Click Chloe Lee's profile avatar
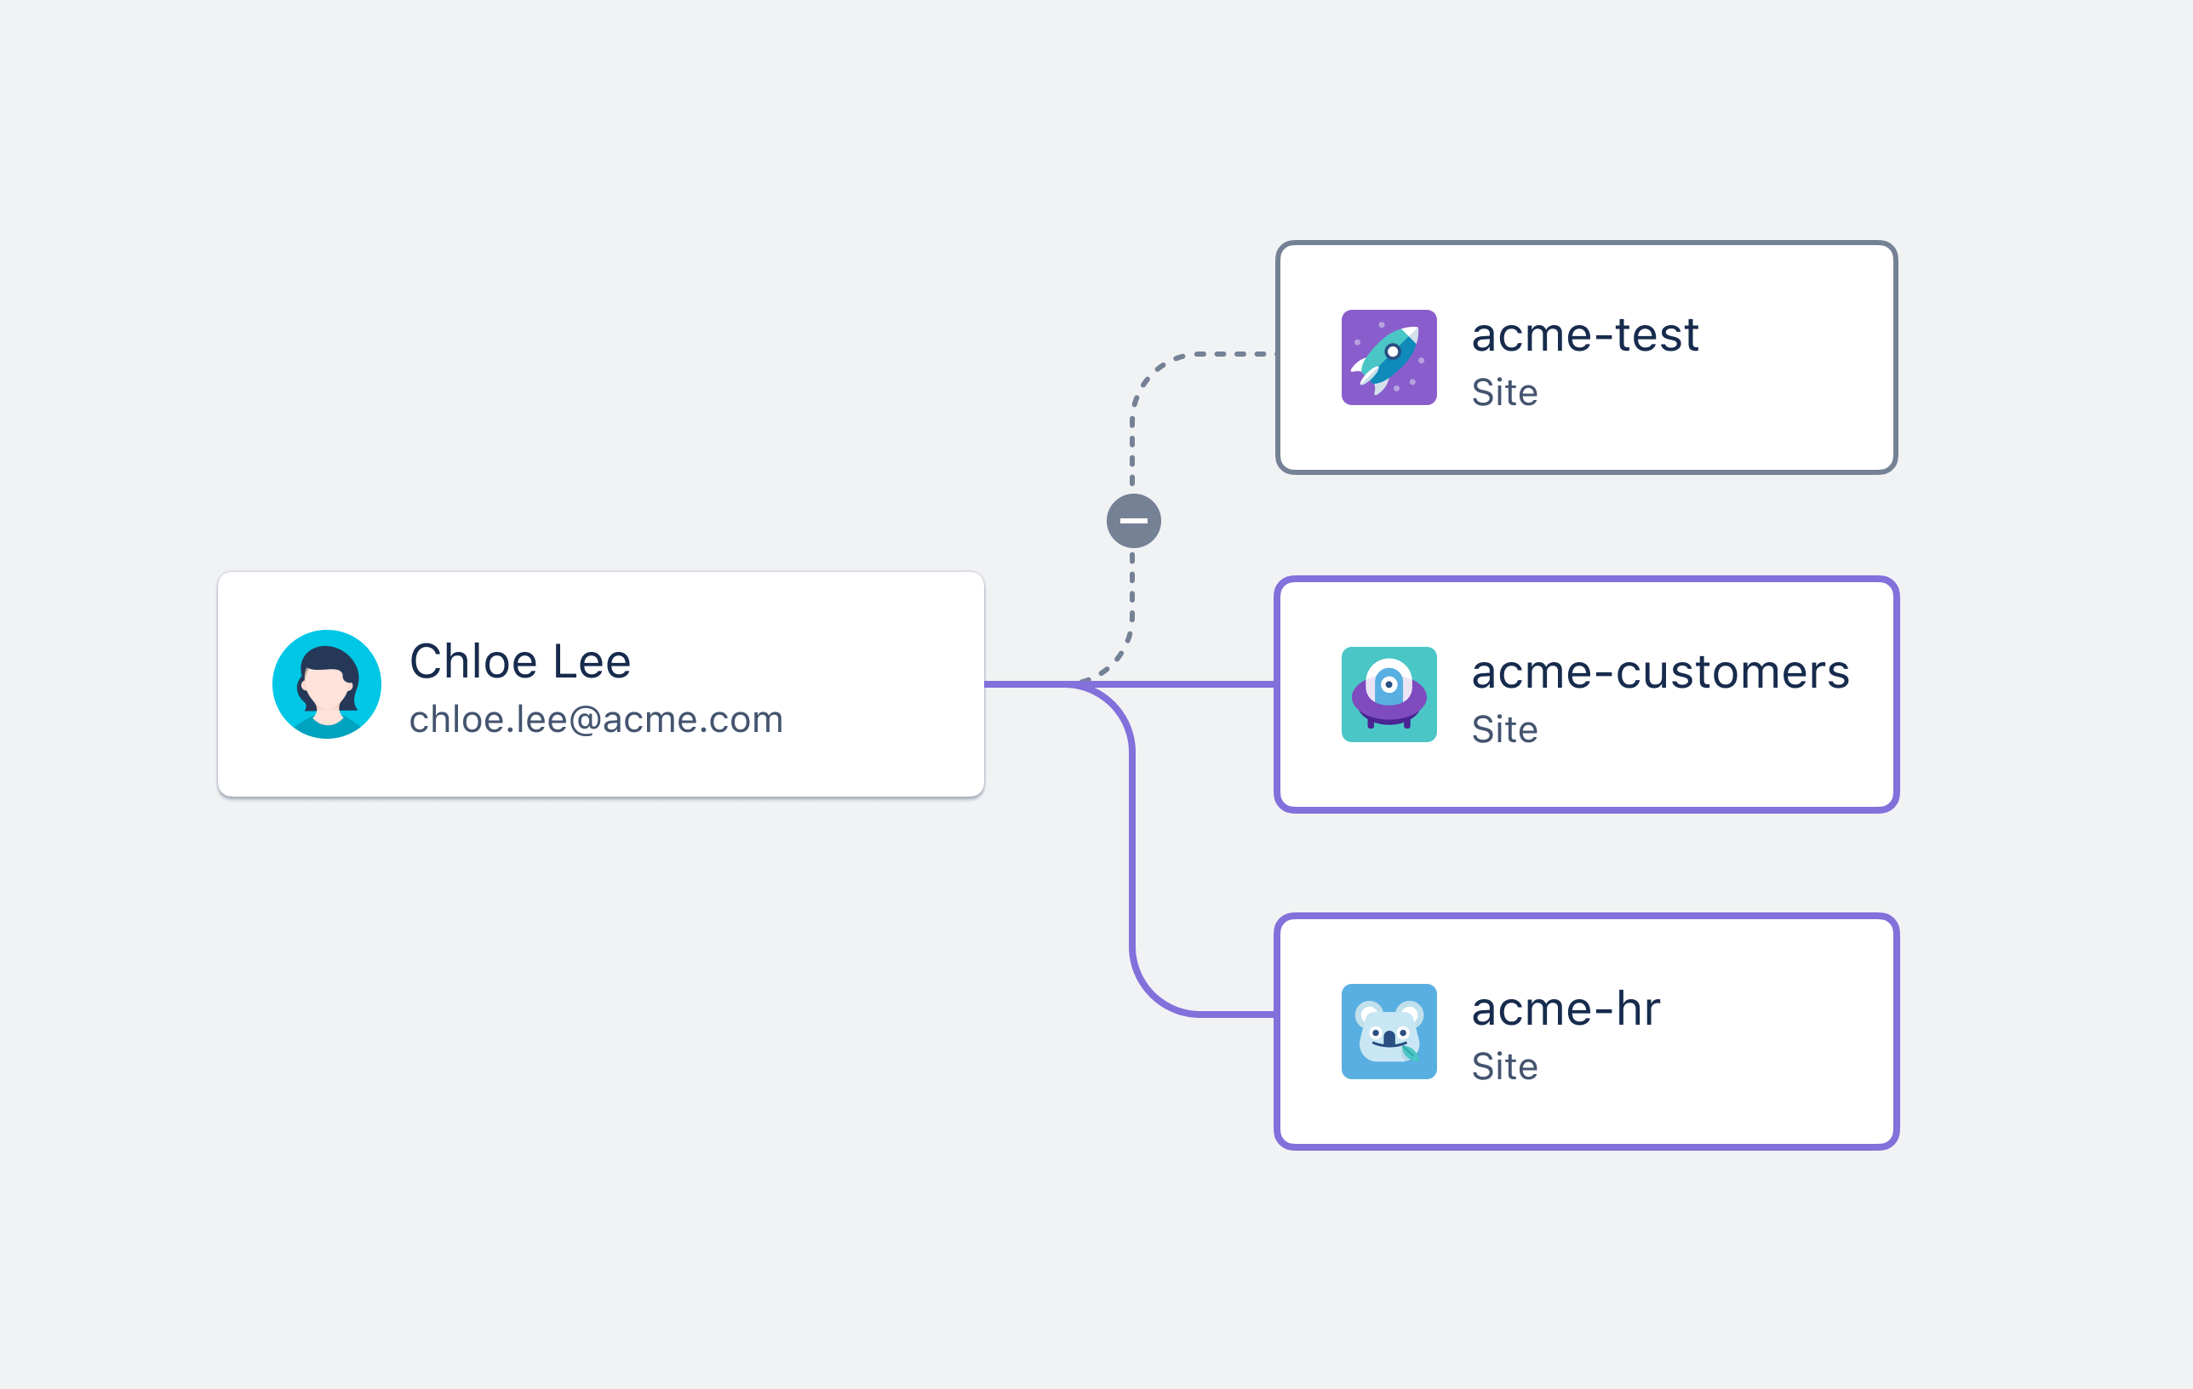326,683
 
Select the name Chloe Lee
520,660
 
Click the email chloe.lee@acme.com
597,719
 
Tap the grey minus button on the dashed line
1133,521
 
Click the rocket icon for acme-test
1389,357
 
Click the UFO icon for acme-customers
1389,694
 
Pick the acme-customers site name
1660,672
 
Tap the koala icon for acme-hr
1389,1032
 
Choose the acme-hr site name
1566,1009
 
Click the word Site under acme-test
1504,392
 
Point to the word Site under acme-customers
1504,729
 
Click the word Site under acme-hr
1504,1066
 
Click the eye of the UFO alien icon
1389,684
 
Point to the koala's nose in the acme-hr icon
1389,1038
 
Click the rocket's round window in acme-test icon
1393,352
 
